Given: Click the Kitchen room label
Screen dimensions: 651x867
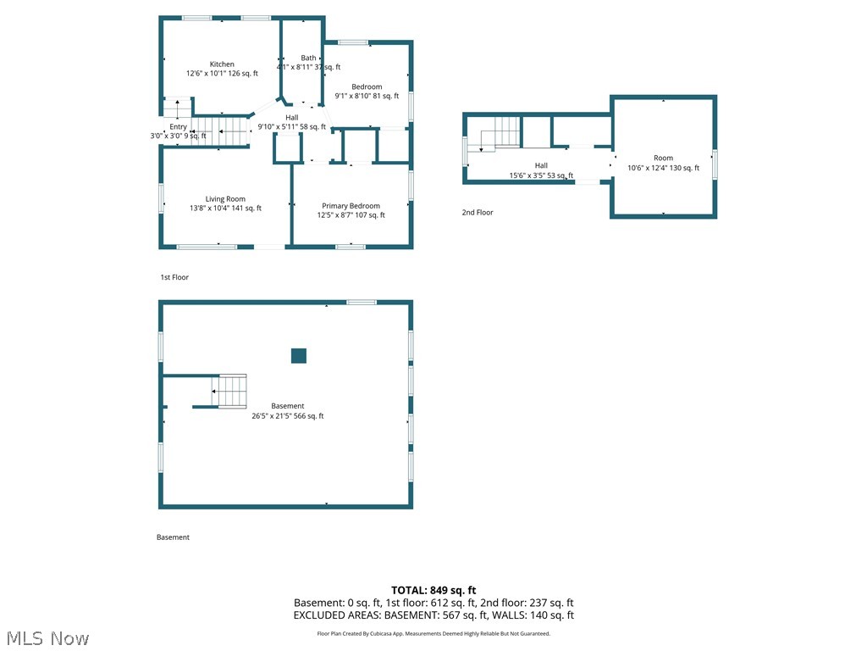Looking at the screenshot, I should [222, 64].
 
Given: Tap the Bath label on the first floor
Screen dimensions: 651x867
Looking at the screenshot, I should [308, 58].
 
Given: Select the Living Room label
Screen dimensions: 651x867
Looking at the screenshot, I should [225, 199].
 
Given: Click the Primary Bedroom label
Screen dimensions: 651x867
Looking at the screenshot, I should [351, 206].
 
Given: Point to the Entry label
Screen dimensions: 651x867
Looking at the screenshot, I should [178, 127].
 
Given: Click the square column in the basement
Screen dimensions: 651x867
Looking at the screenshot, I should [298, 356].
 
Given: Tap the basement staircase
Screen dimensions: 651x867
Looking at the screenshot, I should [229, 392].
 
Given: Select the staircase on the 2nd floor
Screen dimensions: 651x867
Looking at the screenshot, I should [500, 134].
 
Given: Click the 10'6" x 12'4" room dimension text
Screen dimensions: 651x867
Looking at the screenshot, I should [663, 168].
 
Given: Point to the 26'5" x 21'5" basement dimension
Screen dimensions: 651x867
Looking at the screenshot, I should [288, 416].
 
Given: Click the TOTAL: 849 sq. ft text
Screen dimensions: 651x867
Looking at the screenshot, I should [433, 590].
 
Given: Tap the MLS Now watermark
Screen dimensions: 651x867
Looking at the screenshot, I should [47, 637].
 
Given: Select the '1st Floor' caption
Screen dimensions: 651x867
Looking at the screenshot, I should [174, 277].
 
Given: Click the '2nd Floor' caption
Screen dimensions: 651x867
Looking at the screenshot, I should [478, 213].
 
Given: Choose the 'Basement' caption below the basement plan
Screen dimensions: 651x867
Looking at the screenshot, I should [173, 537].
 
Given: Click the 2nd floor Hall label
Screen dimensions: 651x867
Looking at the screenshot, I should [541, 166].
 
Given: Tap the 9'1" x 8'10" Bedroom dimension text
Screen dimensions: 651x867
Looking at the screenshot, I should [367, 97].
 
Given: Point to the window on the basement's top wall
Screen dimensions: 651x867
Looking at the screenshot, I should [362, 302].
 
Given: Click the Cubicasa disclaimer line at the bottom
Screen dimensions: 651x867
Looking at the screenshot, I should [433, 633].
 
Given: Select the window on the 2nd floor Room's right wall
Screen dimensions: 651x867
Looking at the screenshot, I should [715, 164].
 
